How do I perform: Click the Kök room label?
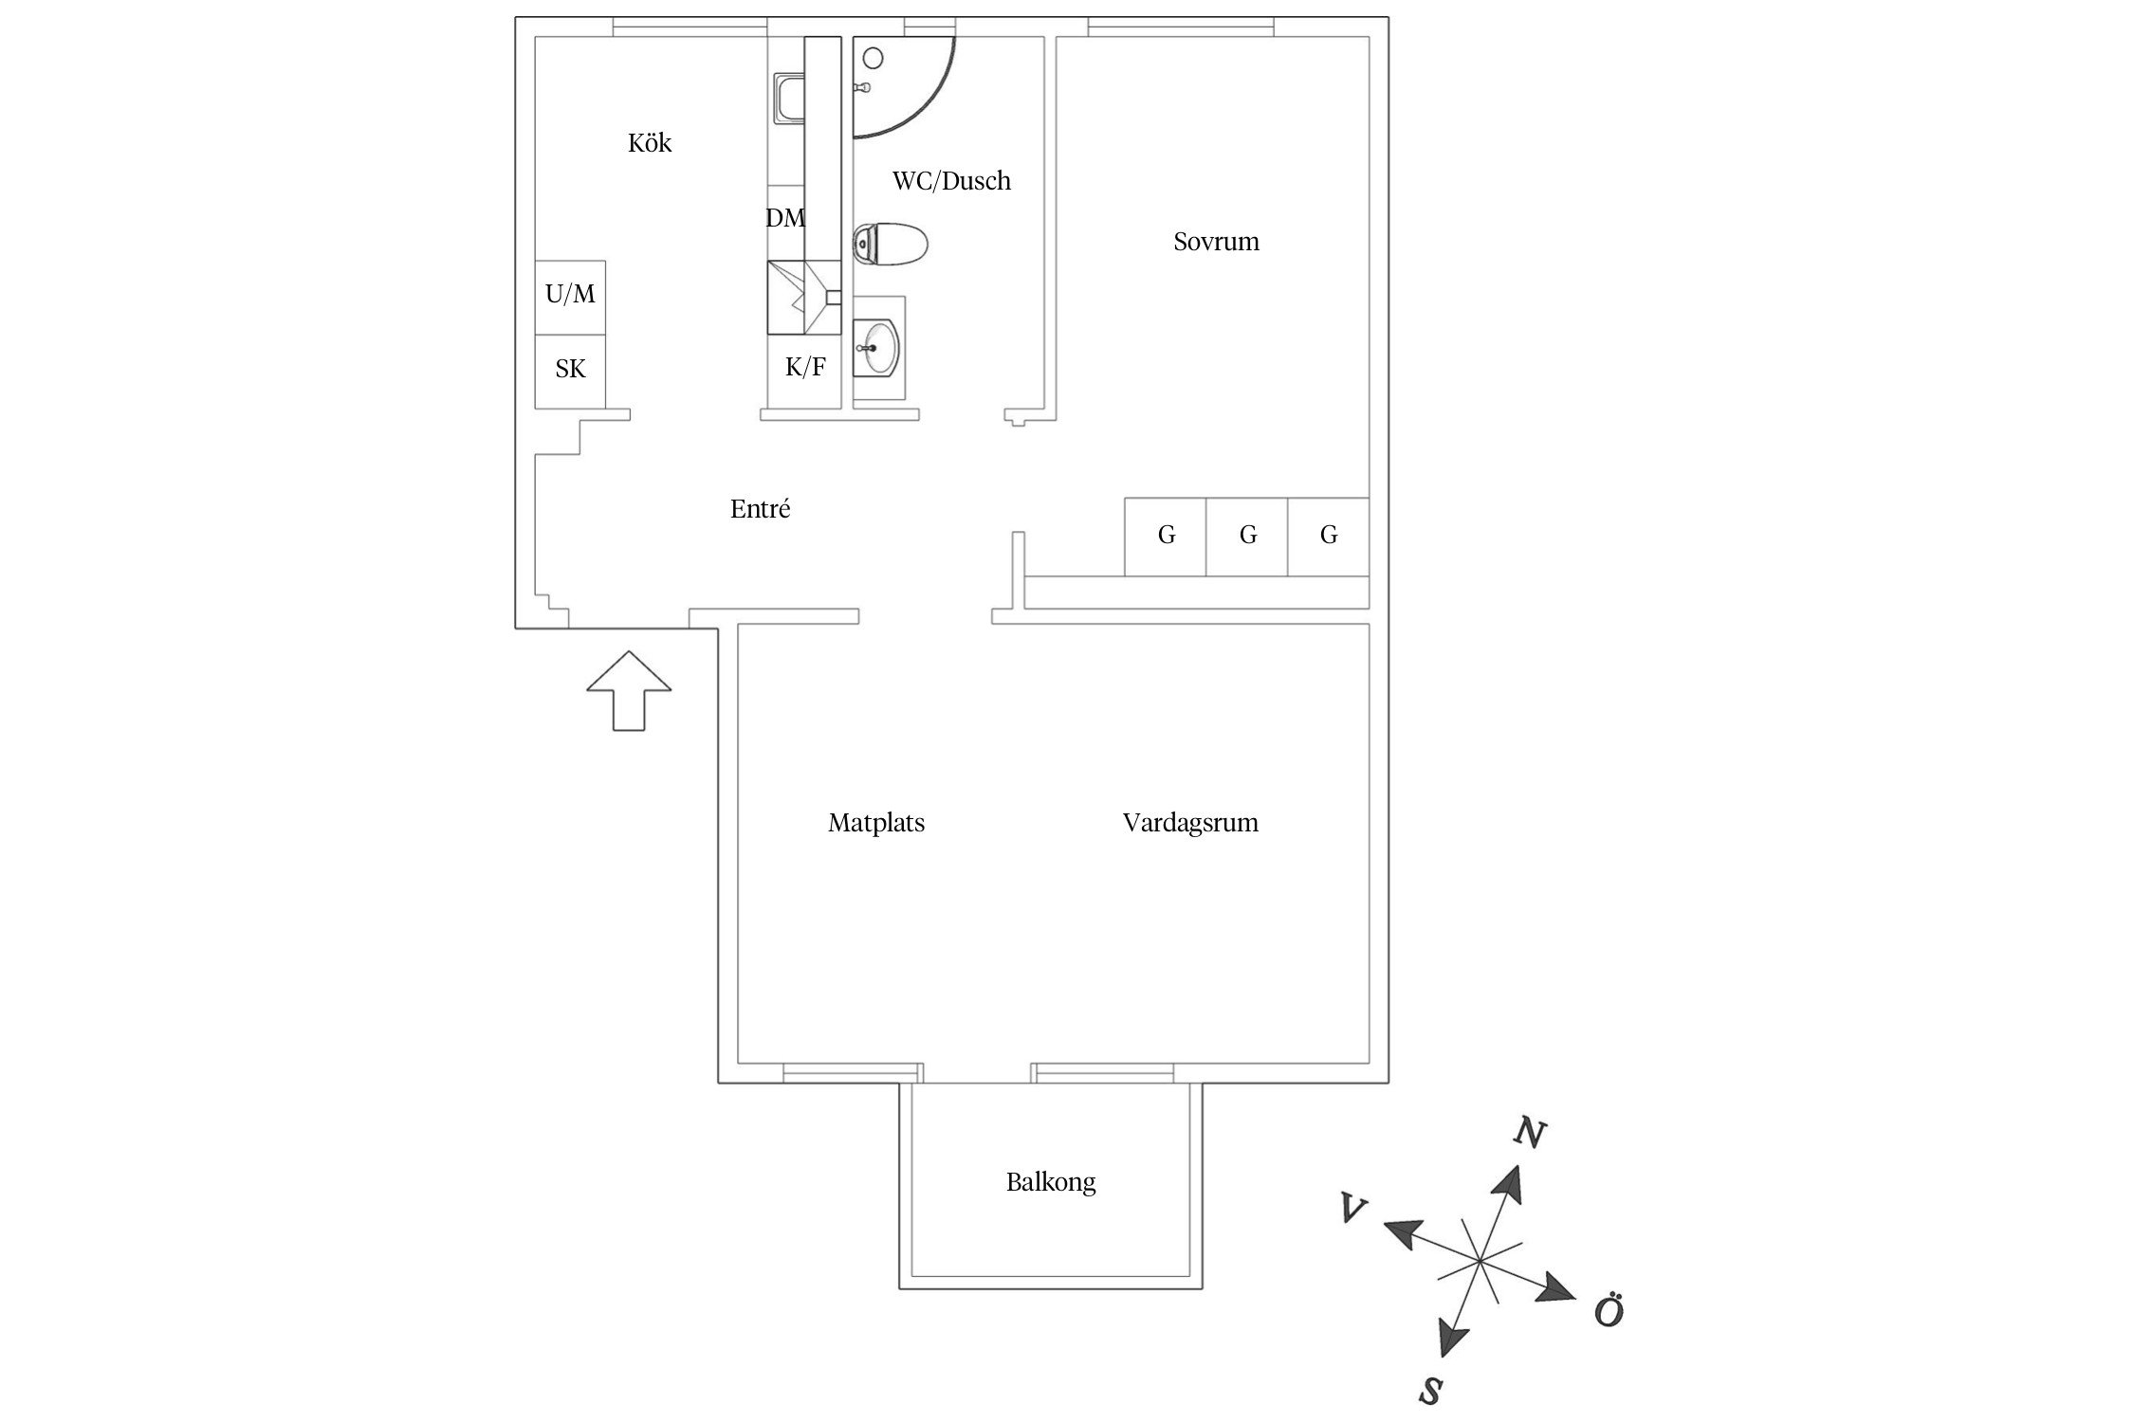click(x=650, y=143)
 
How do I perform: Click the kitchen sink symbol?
click(x=789, y=100)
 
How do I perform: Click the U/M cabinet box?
click(x=570, y=296)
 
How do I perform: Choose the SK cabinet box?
click(x=570, y=370)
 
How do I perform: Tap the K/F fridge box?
click(x=804, y=368)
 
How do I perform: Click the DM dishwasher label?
click(x=785, y=219)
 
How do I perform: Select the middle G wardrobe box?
click(x=1247, y=537)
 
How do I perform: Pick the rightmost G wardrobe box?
click(x=1328, y=537)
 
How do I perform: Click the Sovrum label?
click(x=1216, y=242)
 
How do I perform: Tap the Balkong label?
click(x=1051, y=1182)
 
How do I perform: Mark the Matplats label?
click(x=875, y=823)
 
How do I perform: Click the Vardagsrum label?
click(x=1190, y=823)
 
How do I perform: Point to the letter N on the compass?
click(x=1529, y=1133)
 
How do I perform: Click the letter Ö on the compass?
click(x=1609, y=1312)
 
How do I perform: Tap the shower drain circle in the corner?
click(x=873, y=58)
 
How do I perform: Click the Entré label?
click(x=760, y=509)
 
